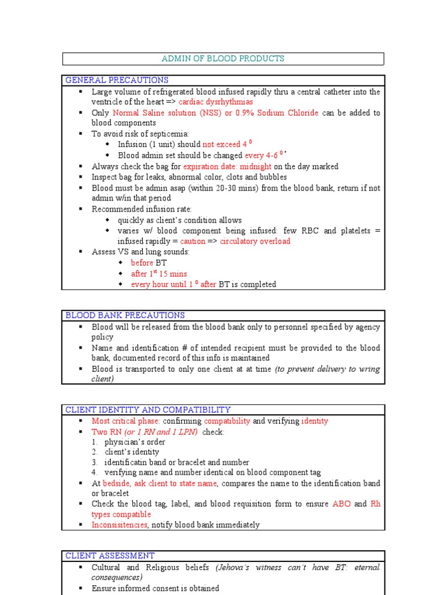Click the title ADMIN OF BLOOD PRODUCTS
pyautogui.click(x=223, y=59)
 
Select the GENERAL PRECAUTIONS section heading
pyautogui.click(x=117, y=80)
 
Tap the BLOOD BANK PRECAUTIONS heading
pyautogui.click(x=125, y=316)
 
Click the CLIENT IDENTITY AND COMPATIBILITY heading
pyautogui.click(x=148, y=410)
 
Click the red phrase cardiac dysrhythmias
pyautogui.click(x=215, y=102)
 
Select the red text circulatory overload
pyautogui.click(x=255, y=241)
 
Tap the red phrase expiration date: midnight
pyautogui.click(x=227, y=166)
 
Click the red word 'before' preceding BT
pyautogui.click(x=142, y=263)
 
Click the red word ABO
pyautogui.click(x=341, y=504)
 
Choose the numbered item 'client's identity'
pyautogui.click(x=132, y=452)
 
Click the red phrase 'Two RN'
pyautogui.click(x=104, y=432)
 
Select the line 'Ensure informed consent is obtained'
pyautogui.click(x=155, y=588)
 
